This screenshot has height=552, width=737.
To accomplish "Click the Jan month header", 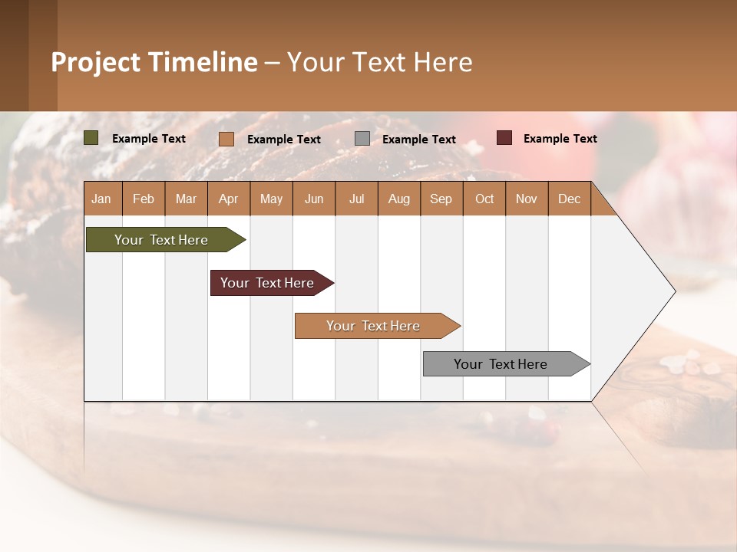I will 102,199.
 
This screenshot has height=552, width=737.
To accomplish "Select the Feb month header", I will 144,199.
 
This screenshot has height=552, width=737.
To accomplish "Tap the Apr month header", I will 229,199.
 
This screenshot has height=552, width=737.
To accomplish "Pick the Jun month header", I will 314,199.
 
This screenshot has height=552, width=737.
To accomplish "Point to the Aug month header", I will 399,199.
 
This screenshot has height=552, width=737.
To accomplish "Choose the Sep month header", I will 441,199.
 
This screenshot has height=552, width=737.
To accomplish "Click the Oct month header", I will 484,199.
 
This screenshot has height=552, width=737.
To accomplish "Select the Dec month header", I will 570,199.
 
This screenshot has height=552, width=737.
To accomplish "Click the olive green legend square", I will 91,138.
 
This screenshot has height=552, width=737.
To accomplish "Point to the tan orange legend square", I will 226,139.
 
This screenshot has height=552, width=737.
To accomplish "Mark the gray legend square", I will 362,138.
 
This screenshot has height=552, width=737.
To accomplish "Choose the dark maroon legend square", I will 504,138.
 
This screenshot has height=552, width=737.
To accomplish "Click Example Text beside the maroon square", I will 560,139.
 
